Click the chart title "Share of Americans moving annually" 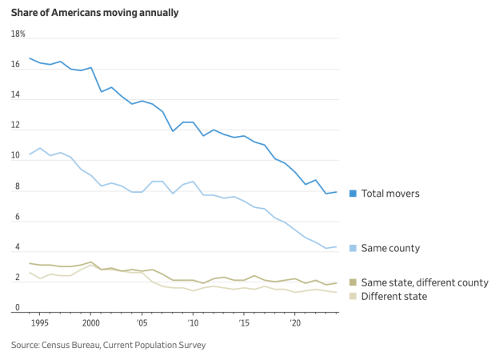(x=95, y=13)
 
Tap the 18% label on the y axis (x=18, y=34)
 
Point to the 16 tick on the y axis (x=15, y=65)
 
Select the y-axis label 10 (x=15, y=156)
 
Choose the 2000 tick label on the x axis (x=90, y=324)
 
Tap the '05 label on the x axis (x=142, y=324)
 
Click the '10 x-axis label (x=193, y=324)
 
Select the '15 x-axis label (x=244, y=324)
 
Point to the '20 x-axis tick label (x=294, y=324)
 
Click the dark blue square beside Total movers (x=353, y=194)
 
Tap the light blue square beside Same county (x=353, y=249)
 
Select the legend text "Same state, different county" (x=425, y=282)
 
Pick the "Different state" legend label (x=394, y=297)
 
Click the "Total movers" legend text (x=390, y=194)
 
